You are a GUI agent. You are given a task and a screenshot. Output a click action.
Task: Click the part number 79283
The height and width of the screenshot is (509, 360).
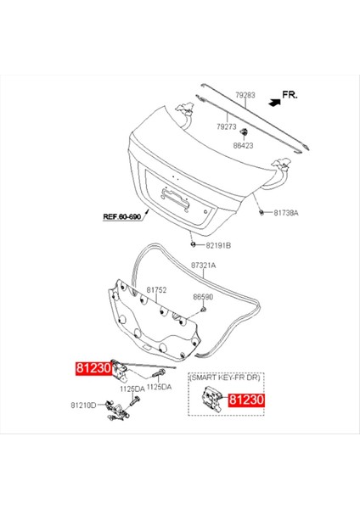click(x=245, y=96)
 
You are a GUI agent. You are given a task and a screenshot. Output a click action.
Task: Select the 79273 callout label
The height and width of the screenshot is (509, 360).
click(x=227, y=126)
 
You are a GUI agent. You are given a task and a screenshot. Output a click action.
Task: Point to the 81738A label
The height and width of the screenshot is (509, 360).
click(x=284, y=212)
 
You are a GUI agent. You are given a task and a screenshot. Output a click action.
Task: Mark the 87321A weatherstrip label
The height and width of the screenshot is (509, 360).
click(x=203, y=266)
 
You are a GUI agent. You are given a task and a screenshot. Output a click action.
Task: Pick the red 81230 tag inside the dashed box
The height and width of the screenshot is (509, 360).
click(x=246, y=399)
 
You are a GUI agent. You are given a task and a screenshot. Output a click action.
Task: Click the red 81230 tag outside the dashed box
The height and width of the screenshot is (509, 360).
click(x=93, y=370)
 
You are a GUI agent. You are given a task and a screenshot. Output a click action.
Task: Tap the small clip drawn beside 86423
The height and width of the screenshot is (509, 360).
click(x=245, y=133)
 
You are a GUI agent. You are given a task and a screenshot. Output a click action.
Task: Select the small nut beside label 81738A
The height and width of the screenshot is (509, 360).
click(x=262, y=211)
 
